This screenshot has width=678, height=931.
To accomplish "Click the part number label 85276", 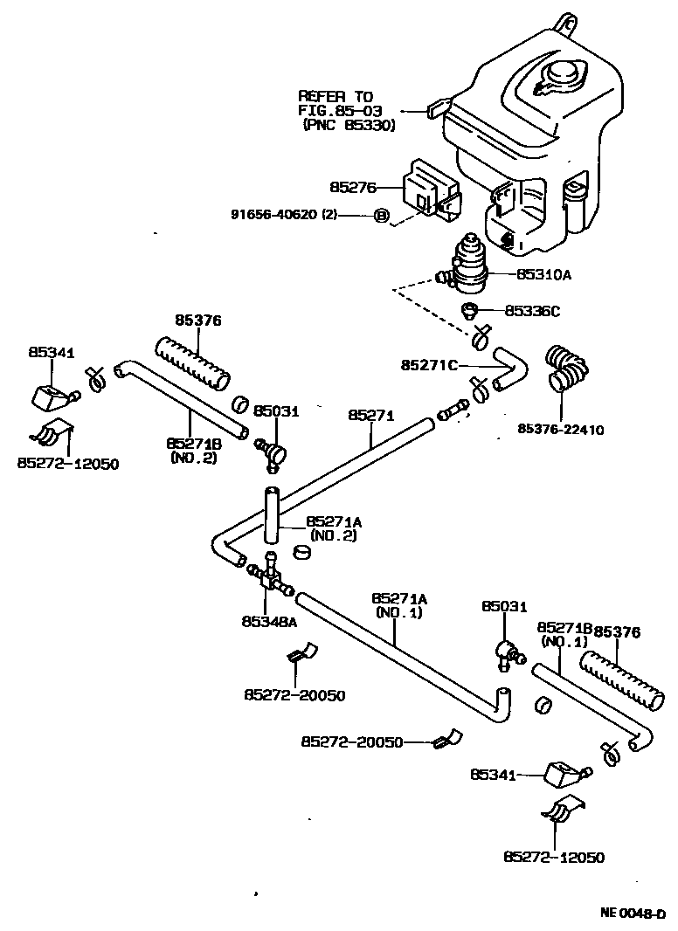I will pos(352,187).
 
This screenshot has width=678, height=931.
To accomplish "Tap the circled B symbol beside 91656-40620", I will pos(381,215).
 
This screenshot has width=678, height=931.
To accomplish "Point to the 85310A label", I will pos(543,273).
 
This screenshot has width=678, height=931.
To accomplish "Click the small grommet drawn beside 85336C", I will pos(470,309).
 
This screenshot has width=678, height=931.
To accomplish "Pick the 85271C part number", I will pos(428,363).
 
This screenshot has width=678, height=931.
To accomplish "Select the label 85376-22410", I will pos(560,429).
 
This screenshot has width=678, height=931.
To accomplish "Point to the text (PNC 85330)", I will pos(349,126).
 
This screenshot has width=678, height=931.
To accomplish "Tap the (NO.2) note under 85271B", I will pos(193,458).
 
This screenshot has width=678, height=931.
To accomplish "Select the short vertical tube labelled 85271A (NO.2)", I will pos(271,516).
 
